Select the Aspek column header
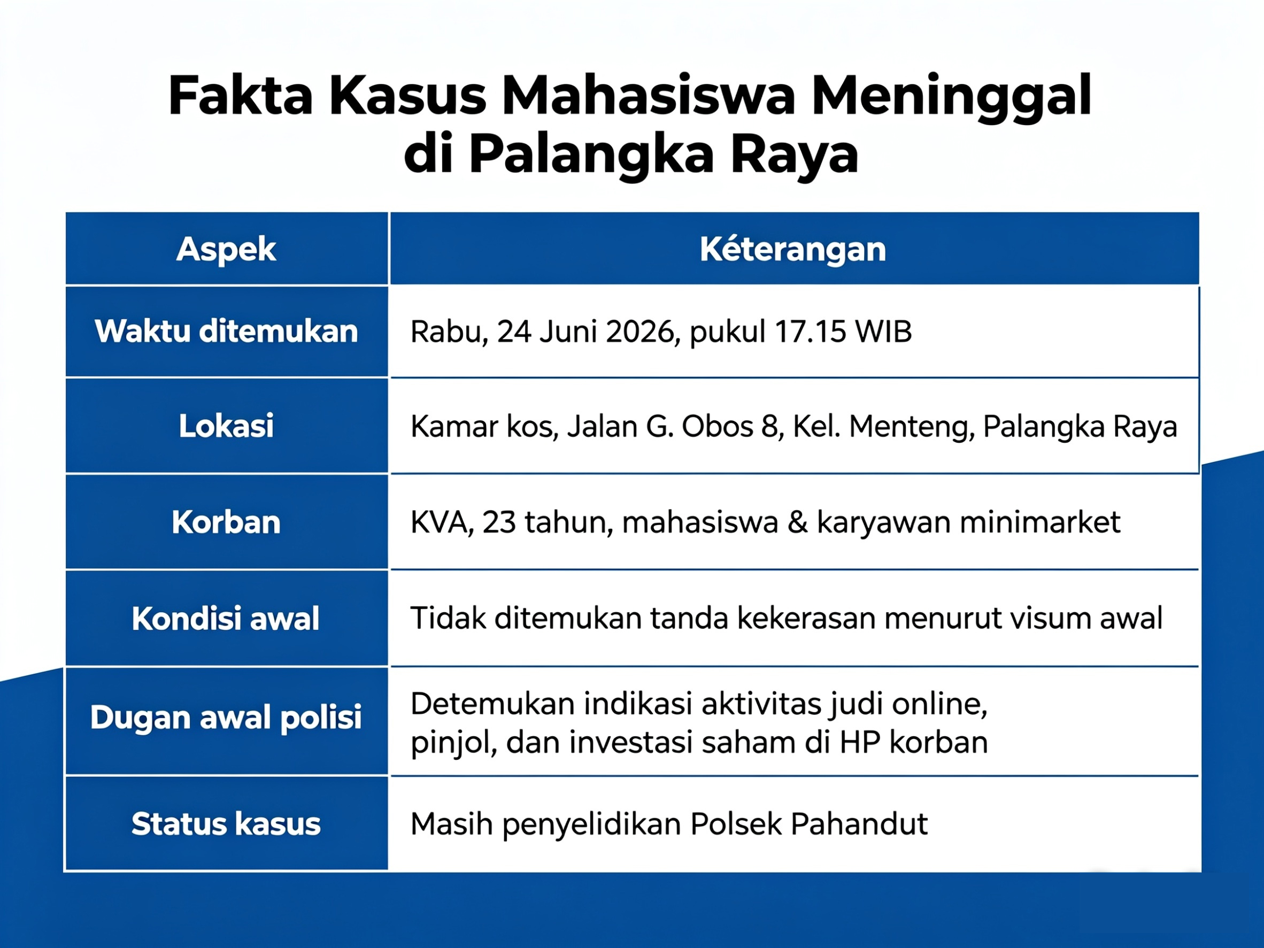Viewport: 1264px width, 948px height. tap(226, 250)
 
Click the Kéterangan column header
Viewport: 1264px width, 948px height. tap(792, 249)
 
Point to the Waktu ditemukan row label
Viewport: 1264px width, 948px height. tap(226, 332)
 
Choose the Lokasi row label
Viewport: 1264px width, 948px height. tap(226, 426)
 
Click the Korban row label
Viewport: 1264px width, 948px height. tap(226, 522)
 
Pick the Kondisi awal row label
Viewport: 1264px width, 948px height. tap(225, 618)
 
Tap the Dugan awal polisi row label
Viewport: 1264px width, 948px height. tap(226, 718)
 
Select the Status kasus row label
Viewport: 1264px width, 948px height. tap(226, 824)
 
